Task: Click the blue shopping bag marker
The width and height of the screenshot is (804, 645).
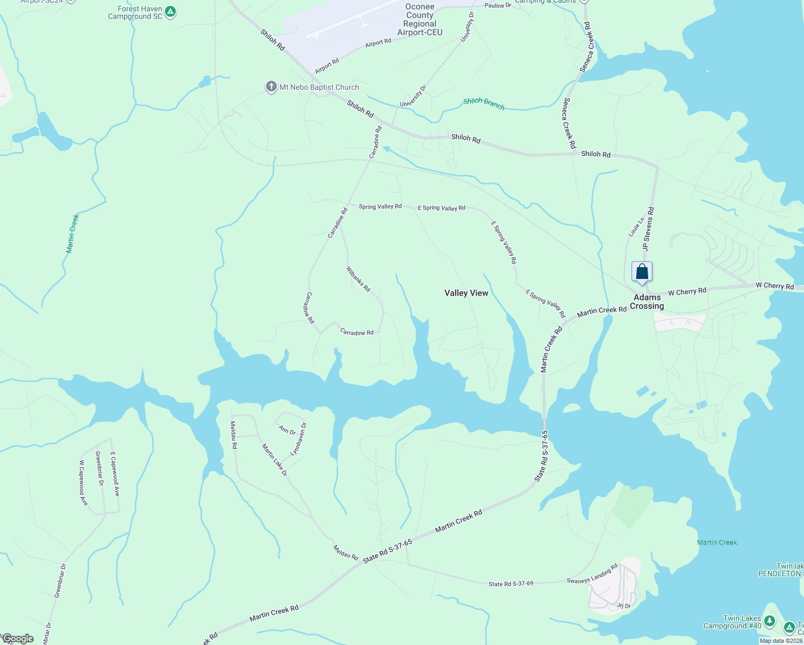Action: click(642, 272)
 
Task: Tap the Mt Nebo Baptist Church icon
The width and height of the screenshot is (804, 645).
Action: click(271, 87)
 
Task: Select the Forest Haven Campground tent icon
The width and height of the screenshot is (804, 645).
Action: click(170, 11)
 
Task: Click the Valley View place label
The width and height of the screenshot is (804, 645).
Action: click(466, 293)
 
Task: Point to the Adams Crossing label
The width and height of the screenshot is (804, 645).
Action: click(647, 302)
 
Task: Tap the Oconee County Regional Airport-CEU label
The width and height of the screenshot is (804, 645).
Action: click(420, 20)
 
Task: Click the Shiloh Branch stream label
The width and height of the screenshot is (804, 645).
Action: click(484, 103)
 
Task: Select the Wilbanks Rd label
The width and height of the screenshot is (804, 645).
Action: click(358, 279)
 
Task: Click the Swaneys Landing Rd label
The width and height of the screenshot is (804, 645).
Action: click(592, 574)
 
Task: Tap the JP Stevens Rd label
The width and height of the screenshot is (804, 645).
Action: click(648, 229)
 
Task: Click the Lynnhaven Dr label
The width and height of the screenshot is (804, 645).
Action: click(298, 439)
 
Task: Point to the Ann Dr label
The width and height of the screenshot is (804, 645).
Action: click(288, 430)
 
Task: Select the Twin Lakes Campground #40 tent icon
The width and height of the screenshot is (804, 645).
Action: click(770, 622)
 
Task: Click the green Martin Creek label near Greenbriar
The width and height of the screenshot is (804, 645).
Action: click(73, 233)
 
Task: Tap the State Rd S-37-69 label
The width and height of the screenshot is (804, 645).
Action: click(511, 583)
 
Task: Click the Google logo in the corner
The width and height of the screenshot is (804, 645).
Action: click(17, 639)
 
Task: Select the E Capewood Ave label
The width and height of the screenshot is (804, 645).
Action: click(114, 474)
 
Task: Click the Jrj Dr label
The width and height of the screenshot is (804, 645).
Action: click(623, 606)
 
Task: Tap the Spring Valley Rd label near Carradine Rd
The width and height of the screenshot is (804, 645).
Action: click(380, 206)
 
